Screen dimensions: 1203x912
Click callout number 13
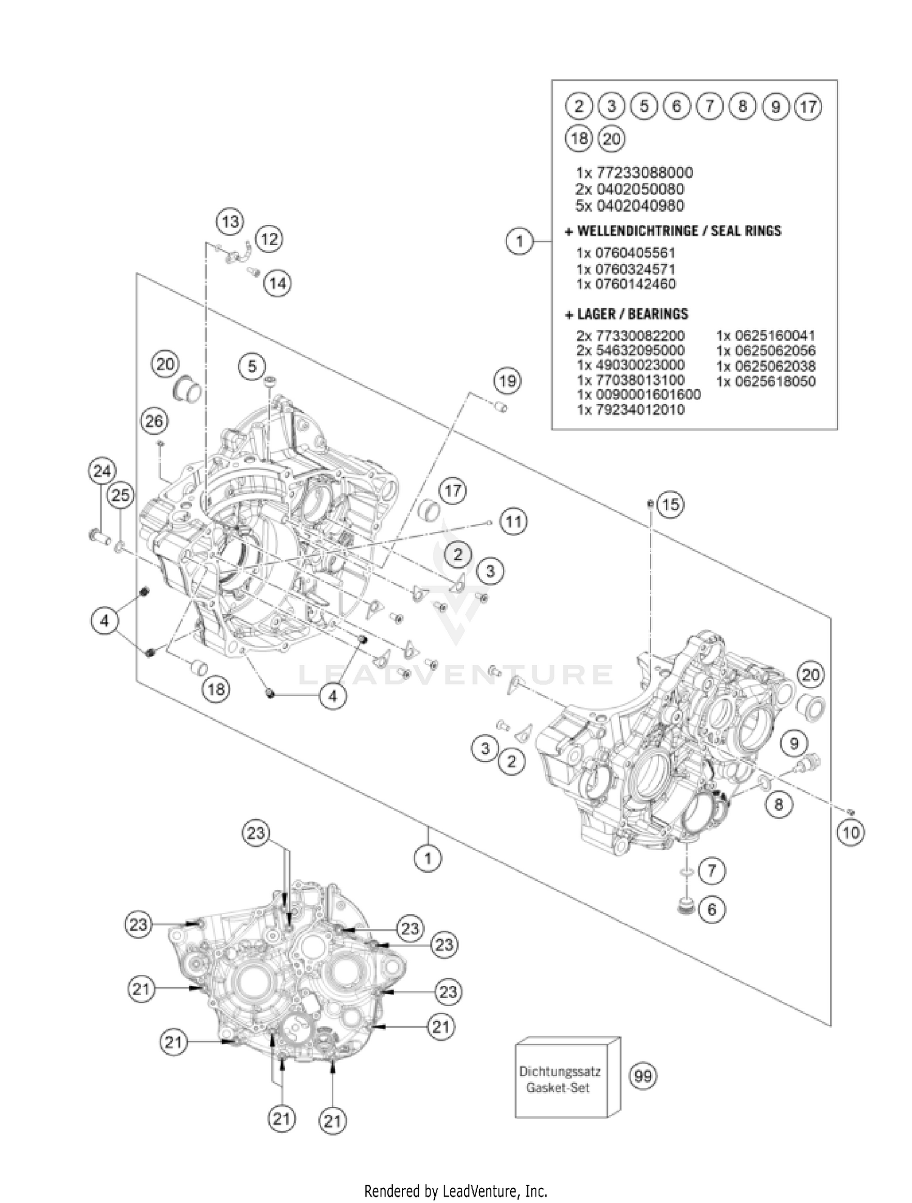pyautogui.click(x=230, y=221)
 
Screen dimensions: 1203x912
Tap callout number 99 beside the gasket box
pyautogui.click(x=643, y=1077)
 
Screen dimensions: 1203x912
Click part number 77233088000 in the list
pyautogui.click(x=635, y=173)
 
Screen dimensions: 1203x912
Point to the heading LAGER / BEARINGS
pyautogui.click(x=626, y=314)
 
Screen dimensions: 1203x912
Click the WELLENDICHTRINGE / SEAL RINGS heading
pyautogui.click(x=672, y=231)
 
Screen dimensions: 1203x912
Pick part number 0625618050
pyautogui.click(x=766, y=381)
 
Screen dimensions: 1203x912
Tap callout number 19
pyautogui.click(x=508, y=381)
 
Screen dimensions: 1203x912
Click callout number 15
pyautogui.click(x=670, y=505)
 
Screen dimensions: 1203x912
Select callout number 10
pyautogui.click(x=850, y=832)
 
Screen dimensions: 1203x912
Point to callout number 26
pyautogui.click(x=154, y=421)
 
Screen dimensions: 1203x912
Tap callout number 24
pyautogui.click(x=102, y=471)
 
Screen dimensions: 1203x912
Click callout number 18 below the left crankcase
pyautogui.click(x=216, y=689)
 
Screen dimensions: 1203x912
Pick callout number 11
pyautogui.click(x=514, y=522)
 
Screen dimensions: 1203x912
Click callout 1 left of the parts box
pyautogui.click(x=519, y=241)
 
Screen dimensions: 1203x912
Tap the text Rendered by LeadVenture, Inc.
pyautogui.click(x=455, y=1190)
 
